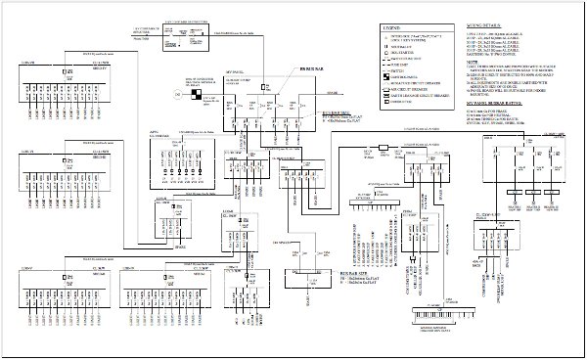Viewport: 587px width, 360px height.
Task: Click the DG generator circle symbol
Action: coord(176,94)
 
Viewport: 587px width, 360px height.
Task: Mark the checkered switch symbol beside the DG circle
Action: coord(197,95)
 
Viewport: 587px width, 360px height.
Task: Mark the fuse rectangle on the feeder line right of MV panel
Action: coord(384,149)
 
